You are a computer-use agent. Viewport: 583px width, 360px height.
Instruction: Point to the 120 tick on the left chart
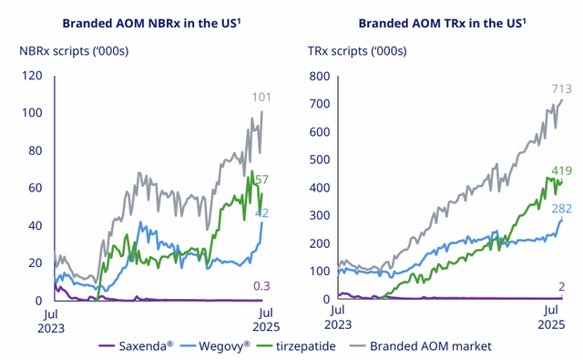(x=33, y=76)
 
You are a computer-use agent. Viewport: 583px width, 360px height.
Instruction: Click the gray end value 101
(x=262, y=98)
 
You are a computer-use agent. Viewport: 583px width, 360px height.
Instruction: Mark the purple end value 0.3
(x=262, y=286)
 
